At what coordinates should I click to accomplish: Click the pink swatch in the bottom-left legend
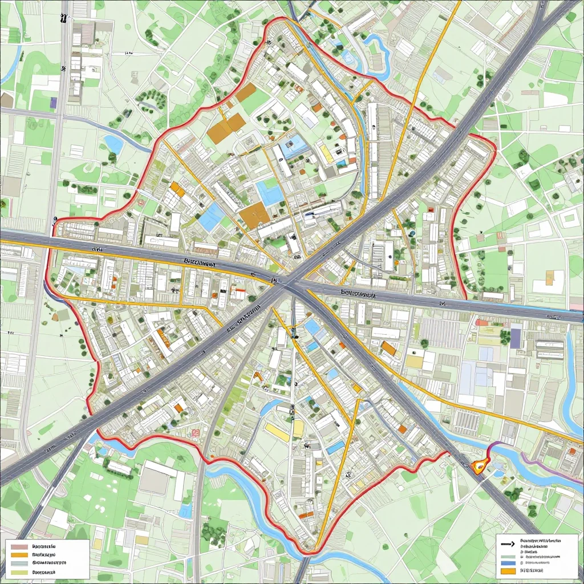coord(19,546)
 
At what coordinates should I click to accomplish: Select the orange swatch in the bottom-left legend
coord(19,554)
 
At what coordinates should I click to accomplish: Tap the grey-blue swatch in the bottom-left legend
coord(19,563)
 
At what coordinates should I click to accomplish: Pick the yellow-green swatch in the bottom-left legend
coord(19,571)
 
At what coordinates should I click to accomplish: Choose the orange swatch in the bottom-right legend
coord(506,570)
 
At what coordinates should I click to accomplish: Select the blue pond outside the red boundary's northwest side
coord(113,144)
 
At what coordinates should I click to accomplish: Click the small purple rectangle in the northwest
coord(54,103)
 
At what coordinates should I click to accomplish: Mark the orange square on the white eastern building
coord(550,278)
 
